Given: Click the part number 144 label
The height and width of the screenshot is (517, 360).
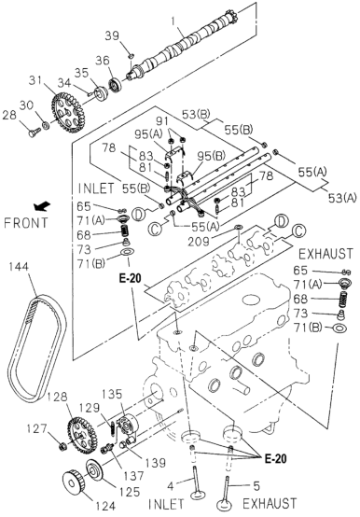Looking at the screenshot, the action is tap(19, 267).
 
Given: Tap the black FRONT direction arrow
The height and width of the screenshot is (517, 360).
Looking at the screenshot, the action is tap(42, 206).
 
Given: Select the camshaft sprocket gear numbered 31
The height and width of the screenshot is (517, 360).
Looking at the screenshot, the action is tap(68, 113).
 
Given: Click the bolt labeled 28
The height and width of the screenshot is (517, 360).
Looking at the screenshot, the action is tap(33, 133).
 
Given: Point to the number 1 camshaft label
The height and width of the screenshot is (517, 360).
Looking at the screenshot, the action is tap(173, 21).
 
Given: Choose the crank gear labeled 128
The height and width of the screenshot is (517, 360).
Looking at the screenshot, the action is tap(82, 436).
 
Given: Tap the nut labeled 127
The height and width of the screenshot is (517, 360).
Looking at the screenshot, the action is tap(62, 447).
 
